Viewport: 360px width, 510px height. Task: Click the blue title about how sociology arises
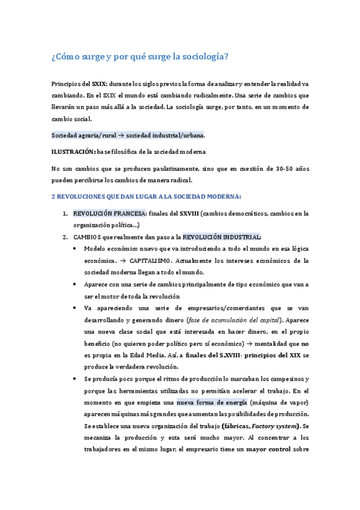pos(139,57)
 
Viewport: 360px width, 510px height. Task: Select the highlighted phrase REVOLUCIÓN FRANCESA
pos(109,213)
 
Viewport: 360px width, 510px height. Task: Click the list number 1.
pos(65,213)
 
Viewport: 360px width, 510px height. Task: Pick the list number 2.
pos(65,236)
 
